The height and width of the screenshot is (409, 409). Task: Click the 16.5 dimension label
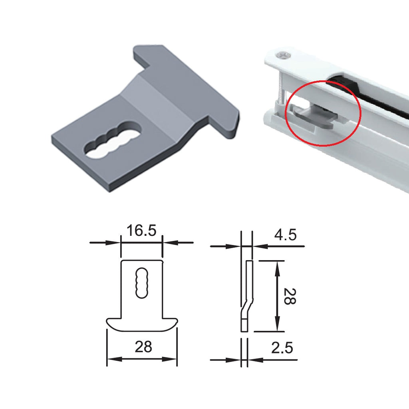[141, 231]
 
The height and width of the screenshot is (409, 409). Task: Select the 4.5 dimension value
[285, 235]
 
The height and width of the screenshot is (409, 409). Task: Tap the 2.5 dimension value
[282, 348]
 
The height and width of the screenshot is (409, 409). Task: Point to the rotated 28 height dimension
[290, 296]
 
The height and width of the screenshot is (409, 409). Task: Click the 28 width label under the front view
[143, 347]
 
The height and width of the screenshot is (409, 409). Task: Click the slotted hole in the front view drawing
[142, 283]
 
